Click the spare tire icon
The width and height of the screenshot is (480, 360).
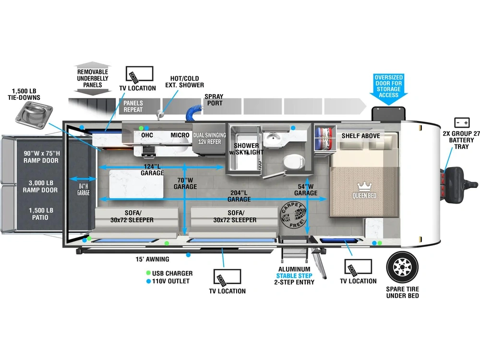tap(402, 267)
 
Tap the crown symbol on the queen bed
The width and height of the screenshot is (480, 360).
tap(364, 186)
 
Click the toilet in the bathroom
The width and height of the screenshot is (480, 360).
tap(293, 162)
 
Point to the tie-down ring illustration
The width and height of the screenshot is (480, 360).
tap(34, 115)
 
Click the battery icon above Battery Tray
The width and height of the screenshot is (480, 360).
tap(462, 123)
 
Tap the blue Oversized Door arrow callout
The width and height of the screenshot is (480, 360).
tap(388, 89)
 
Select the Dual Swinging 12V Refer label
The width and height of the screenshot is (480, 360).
tap(210, 138)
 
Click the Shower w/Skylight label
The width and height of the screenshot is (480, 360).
tap(246, 149)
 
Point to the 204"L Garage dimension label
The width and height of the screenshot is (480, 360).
tap(239, 196)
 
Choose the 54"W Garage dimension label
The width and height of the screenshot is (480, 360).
tap(306, 190)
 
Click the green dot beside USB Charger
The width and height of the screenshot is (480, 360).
tap(148, 273)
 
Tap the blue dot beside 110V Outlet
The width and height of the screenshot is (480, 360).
tap(148, 281)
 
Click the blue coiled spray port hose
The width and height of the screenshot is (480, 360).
tap(194, 112)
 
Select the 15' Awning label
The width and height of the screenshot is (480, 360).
tap(153, 259)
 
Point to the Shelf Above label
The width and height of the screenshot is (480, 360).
tap(361, 136)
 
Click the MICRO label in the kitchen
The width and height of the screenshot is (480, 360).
tap(180, 135)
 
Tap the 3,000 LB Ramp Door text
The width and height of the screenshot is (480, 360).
tap(40, 186)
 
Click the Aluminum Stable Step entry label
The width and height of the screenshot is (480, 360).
tap(294, 276)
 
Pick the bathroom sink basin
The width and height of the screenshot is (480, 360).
tap(271, 138)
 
